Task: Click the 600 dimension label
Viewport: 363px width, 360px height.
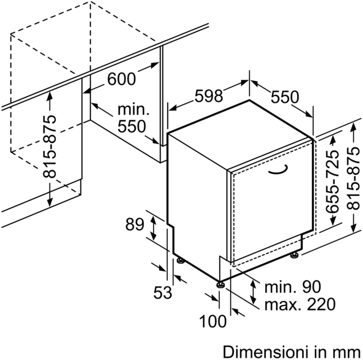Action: [121, 79]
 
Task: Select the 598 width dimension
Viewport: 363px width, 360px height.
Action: [209, 95]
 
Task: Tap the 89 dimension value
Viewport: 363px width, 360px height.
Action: [135, 224]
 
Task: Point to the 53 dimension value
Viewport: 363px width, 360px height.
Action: [163, 292]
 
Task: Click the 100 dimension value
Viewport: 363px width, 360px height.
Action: [213, 321]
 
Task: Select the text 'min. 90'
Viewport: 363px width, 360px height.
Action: [293, 287]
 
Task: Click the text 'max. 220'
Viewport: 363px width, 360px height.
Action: [300, 304]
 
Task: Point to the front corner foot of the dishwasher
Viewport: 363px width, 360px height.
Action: [220, 284]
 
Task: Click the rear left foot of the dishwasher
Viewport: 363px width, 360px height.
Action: [180, 260]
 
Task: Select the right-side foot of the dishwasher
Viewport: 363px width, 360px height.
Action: [294, 255]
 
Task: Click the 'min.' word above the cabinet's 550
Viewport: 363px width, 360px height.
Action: [133, 110]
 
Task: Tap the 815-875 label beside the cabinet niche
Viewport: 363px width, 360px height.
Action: [49, 146]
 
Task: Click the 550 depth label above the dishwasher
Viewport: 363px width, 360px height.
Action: [285, 97]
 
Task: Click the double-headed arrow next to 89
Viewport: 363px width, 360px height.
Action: [153, 227]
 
